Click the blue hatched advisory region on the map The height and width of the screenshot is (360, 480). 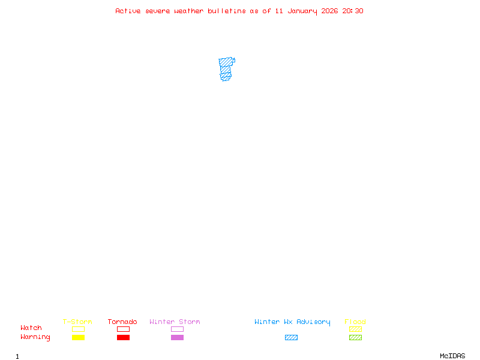pyautogui.click(x=226, y=68)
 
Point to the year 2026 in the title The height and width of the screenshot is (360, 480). pyautogui.click(x=330, y=11)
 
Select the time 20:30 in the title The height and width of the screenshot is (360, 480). pyautogui.click(x=353, y=11)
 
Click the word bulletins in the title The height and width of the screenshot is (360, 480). pyautogui.click(x=227, y=11)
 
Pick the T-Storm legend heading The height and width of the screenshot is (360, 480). pyautogui.click(x=77, y=322)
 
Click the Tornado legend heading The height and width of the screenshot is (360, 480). pyautogui.click(x=122, y=322)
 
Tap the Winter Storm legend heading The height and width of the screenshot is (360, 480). pyautogui.click(x=175, y=322)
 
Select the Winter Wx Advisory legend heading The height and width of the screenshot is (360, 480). pyautogui.click(x=292, y=322)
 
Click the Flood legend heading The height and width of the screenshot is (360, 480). pyautogui.click(x=355, y=322)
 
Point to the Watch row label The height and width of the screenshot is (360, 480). pyautogui.click(x=31, y=328)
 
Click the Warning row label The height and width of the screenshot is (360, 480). pyautogui.click(x=35, y=337)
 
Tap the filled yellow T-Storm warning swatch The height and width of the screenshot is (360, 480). pyautogui.click(x=78, y=338)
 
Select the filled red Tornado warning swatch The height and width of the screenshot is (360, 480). pyautogui.click(x=123, y=338)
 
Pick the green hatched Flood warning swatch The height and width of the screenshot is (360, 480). pyautogui.click(x=355, y=338)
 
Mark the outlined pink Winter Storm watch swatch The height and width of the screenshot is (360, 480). pyautogui.click(x=177, y=329)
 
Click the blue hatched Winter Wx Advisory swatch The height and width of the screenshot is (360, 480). pyautogui.click(x=291, y=338)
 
